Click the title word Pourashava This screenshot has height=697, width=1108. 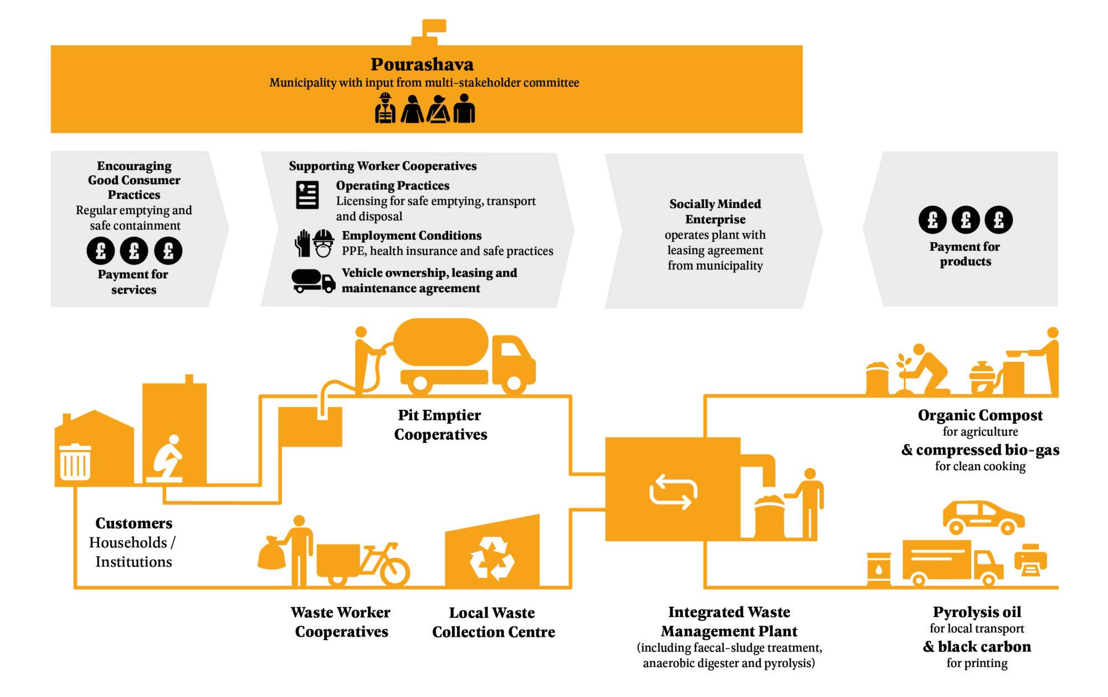click(x=422, y=64)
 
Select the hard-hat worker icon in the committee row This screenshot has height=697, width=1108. click(x=385, y=108)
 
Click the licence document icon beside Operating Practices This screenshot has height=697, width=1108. click(x=307, y=195)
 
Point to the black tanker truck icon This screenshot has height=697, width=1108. click(x=313, y=281)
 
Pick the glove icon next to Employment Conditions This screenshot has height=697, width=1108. click(x=302, y=243)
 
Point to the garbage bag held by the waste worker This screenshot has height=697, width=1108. click(x=271, y=553)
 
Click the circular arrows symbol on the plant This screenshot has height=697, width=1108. click(x=673, y=491)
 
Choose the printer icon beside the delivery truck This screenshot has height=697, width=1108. click(x=1030, y=560)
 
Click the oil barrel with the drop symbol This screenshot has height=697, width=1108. click(x=879, y=569)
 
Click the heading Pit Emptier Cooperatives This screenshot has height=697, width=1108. click(x=440, y=425)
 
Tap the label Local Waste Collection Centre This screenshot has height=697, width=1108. click(x=493, y=622)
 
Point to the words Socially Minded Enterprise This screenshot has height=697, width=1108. click(x=715, y=211)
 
